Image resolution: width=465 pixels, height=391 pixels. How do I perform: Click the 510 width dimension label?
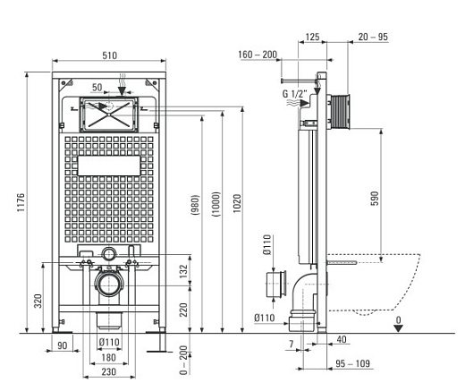tap(109, 55)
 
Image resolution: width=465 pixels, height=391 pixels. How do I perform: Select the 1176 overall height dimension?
tap(21, 202)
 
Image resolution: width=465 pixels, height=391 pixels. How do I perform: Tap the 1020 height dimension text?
tap(237, 203)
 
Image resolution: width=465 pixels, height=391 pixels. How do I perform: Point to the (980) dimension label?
tap(195, 205)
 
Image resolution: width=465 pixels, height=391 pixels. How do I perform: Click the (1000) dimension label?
tap(216, 204)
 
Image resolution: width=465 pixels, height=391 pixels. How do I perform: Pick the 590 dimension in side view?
tap(375, 199)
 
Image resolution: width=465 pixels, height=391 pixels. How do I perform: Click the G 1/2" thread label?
tap(294, 94)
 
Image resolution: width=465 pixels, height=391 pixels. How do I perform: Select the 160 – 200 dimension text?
tap(258, 55)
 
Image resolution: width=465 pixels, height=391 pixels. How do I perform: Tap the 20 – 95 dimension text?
tap(373, 37)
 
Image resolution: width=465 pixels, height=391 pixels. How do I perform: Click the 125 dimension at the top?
tap(313, 37)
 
